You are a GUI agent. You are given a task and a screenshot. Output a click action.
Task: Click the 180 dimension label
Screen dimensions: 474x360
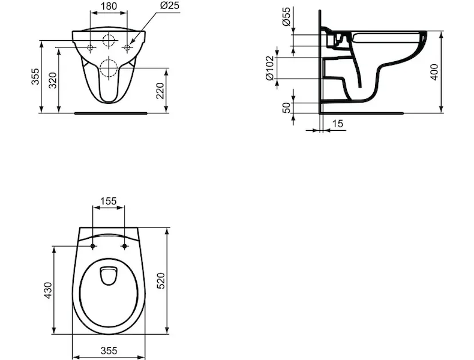click(109, 6)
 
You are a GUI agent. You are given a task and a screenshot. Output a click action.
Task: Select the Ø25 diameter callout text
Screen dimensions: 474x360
click(170, 5)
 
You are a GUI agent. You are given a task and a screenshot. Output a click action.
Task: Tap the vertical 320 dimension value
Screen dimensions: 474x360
click(53, 80)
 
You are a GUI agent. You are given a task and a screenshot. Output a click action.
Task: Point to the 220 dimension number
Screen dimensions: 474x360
click(160, 91)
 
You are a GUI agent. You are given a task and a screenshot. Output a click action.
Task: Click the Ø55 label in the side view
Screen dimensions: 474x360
click(286, 16)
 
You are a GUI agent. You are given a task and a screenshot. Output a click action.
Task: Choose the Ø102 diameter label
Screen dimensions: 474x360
click(269, 68)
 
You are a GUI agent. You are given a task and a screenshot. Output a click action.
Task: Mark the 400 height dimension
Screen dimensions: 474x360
click(434, 72)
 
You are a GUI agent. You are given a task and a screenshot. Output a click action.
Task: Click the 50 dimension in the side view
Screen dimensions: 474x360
click(286, 107)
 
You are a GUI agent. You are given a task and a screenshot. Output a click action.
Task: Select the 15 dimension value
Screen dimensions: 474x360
click(338, 124)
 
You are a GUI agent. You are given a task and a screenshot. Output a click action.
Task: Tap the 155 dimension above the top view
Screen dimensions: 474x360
click(108, 201)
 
